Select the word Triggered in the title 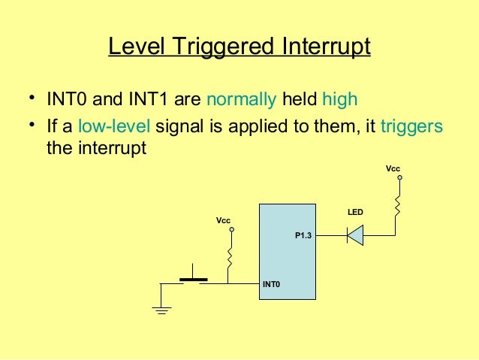tap(223, 47)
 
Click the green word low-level tap(114, 126)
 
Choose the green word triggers tap(411, 126)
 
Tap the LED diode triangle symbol tap(355, 235)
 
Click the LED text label tap(355, 213)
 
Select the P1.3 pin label tap(303, 236)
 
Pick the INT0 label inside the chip tap(270, 285)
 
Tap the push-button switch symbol tap(193, 278)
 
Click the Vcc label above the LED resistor tap(393, 169)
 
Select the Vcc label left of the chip tap(223, 220)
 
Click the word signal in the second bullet tap(178, 126)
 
